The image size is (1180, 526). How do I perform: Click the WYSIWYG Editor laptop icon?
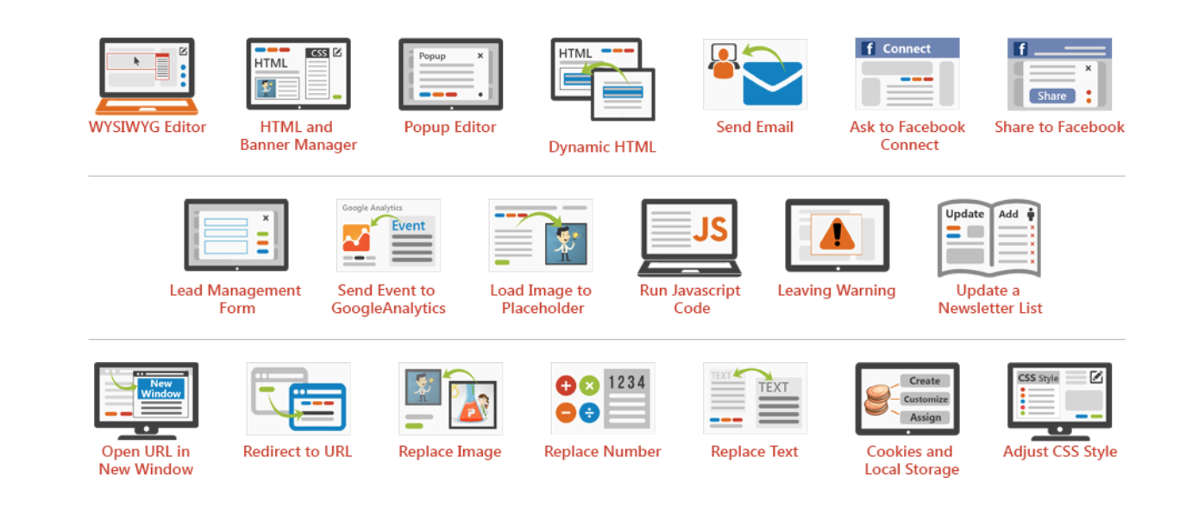[147, 76]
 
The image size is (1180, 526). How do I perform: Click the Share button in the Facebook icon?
[1051, 96]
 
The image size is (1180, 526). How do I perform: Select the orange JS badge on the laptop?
[710, 229]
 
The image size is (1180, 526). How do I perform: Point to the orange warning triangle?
[835, 235]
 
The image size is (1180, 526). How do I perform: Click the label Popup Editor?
[450, 127]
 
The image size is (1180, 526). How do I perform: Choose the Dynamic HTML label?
[602, 147]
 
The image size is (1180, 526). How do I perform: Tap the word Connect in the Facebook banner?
[907, 49]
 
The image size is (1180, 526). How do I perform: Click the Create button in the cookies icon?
[925, 380]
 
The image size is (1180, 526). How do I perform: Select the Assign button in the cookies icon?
[925, 417]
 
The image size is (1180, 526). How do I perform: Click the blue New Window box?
[161, 389]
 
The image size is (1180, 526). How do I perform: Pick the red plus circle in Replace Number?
[567, 385]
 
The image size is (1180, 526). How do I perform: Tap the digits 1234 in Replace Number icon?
[627, 382]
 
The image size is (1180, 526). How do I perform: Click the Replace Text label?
[755, 451]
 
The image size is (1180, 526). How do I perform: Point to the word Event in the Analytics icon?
[409, 226]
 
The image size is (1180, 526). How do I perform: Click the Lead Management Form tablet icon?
[235, 235]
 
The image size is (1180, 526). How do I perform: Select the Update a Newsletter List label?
[989, 299]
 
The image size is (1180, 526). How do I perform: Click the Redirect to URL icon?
[298, 398]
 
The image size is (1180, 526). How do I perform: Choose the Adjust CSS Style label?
[1059, 451]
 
